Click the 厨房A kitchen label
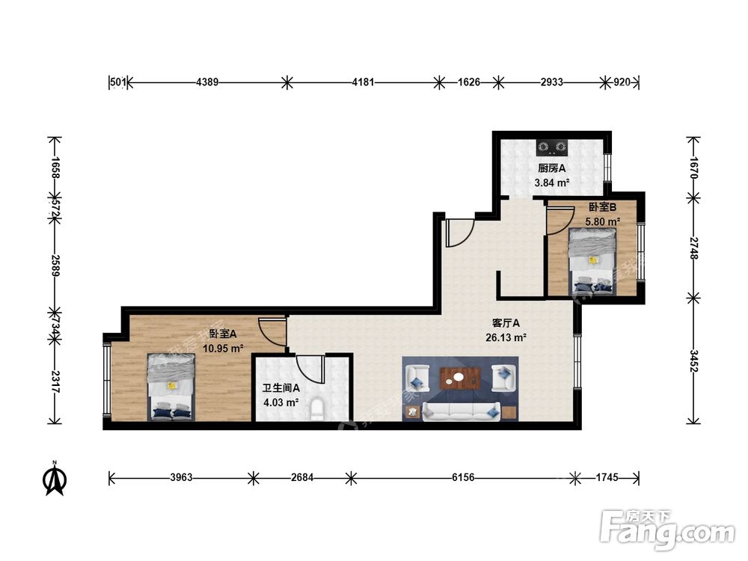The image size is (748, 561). [x=551, y=168]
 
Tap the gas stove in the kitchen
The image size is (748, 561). [x=553, y=147]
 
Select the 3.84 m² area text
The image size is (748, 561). [x=552, y=183]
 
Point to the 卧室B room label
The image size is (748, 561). [x=602, y=207]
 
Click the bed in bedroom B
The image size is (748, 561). [x=592, y=261]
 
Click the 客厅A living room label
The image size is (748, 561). [x=506, y=323]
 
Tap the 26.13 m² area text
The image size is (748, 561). [x=506, y=338]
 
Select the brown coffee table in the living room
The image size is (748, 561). [x=460, y=378]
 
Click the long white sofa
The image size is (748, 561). [x=462, y=411]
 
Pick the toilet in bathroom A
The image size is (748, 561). [x=316, y=410]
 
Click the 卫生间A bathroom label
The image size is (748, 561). [x=281, y=388]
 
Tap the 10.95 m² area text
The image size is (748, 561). [x=223, y=349]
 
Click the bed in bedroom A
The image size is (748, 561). [x=171, y=387]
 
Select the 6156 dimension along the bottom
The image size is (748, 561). [x=463, y=477]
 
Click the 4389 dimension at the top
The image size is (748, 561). [x=207, y=82]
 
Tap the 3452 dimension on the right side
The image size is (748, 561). [x=693, y=361]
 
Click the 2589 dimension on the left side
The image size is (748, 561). [x=55, y=266]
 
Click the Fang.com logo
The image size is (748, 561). [x=667, y=530]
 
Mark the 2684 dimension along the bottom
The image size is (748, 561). [x=302, y=477]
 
